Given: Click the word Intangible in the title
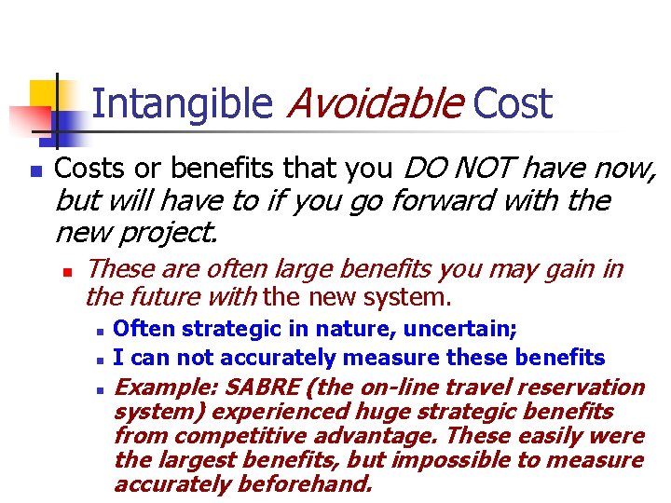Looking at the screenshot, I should [182, 103].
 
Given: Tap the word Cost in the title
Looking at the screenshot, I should [513, 103].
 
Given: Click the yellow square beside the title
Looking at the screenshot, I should [43, 94].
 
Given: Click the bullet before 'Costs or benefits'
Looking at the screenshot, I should [34, 172].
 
